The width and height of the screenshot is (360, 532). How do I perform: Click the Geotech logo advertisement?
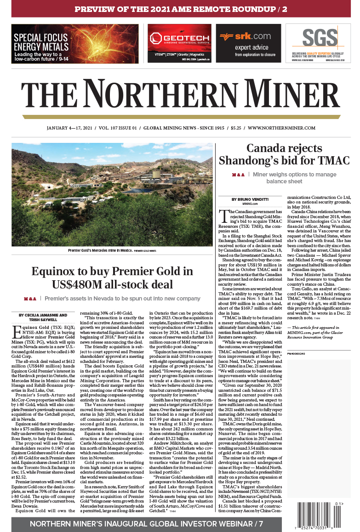(x=179, y=43)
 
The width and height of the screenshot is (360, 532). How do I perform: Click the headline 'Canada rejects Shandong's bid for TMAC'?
(x=284, y=154)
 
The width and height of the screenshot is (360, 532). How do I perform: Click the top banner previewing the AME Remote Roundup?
(x=180, y=9)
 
